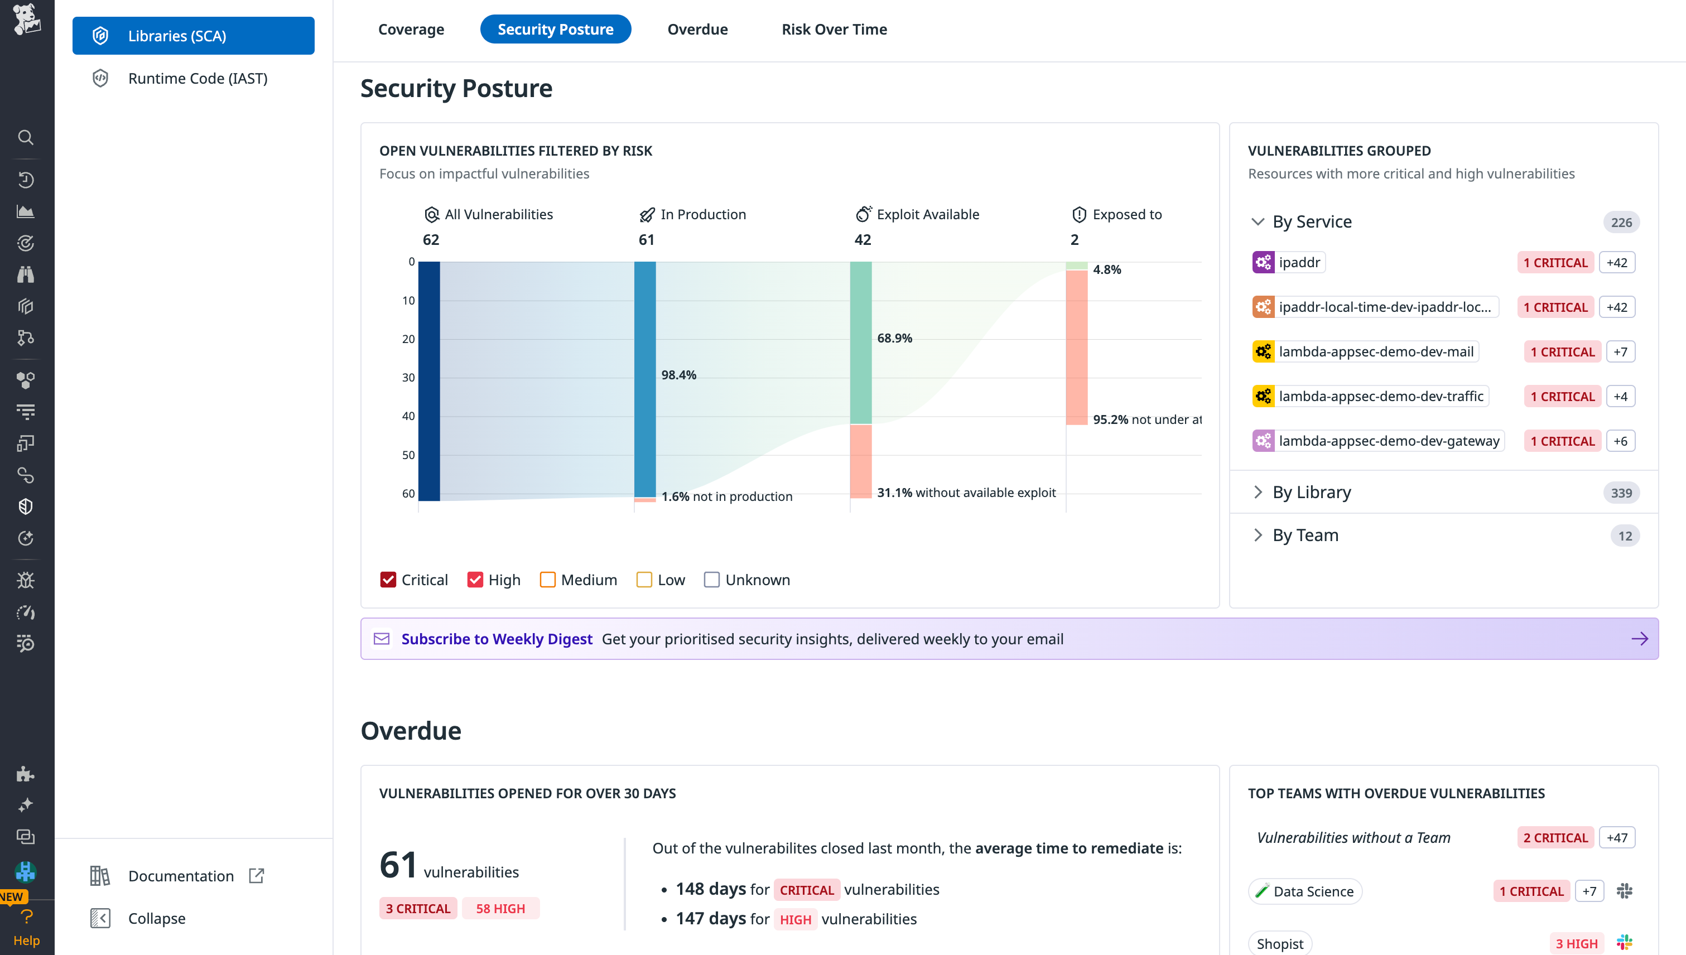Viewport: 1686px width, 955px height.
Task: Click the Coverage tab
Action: (x=411, y=30)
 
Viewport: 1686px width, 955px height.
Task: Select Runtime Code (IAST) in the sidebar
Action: (x=197, y=79)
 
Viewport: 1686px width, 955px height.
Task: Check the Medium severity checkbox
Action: (x=547, y=580)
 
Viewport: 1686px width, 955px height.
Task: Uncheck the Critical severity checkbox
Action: (x=388, y=580)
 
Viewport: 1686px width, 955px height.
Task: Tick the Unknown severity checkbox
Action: (x=711, y=580)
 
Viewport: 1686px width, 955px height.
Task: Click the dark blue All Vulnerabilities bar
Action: (x=429, y=380)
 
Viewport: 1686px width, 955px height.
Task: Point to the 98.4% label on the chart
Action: (x=678, y=375)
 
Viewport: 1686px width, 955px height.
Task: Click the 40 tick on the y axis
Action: (x=408, y=416)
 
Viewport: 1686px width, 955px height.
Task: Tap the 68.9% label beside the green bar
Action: (x=894, y=339)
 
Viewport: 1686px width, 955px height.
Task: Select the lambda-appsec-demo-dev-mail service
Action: (x=1376, y=351)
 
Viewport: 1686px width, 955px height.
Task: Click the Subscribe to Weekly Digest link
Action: (x=497, y=639)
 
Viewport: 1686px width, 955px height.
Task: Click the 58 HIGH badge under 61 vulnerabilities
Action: (x=500, y=909)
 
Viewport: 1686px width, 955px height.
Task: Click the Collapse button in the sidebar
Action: (x=156, y=918)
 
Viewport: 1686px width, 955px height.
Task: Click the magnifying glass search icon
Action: (x=26, y=137)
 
